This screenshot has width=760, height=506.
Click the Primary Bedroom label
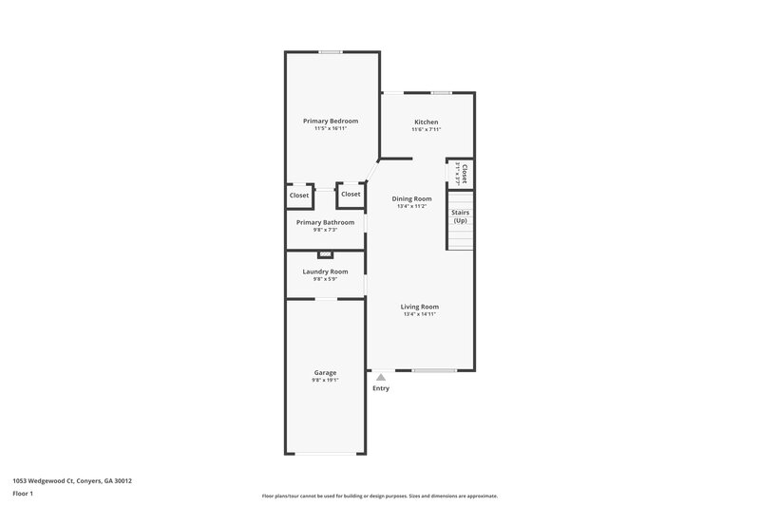(x=331, y=121)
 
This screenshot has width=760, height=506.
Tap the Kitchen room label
(x=426, y=122)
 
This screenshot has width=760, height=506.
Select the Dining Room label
(x=411, y=198)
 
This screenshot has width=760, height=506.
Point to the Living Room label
(x=419, y=307)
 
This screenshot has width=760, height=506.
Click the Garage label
(x=325, y=372)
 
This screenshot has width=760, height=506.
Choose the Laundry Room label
(x=325, y=272)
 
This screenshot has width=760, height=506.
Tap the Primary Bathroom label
(x=325, y=222)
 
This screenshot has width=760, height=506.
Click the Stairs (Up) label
(x=460, y=216)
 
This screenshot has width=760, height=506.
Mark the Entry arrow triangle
(x=381, y=377)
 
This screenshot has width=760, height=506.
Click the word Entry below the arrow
(x=381, y=388)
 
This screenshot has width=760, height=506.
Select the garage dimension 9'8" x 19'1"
(x=325, y=380)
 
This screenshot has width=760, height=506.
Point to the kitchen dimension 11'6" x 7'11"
(x=426, y=130)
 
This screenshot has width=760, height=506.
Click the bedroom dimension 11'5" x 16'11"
(x=331, y=128)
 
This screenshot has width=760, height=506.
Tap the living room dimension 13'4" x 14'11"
(x=419, y=314)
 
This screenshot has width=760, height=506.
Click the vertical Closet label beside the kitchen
(x=465, y=172)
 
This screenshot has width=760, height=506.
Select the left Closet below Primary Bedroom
(x=299, y=195)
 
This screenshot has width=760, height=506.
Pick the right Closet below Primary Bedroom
(x=351, y=194)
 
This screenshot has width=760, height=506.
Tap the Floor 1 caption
(x=23, y=494)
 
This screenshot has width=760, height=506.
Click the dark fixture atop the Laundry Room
(x=325, y=254)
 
